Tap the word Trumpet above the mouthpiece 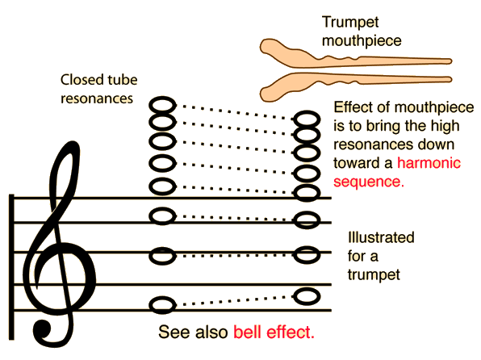350,23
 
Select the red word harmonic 429,163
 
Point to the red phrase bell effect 274,332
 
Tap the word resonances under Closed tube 97,98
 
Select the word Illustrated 381,237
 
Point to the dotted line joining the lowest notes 235,300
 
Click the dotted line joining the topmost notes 235,112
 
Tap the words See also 193,332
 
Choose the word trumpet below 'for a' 374,274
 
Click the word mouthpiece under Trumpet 362,41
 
